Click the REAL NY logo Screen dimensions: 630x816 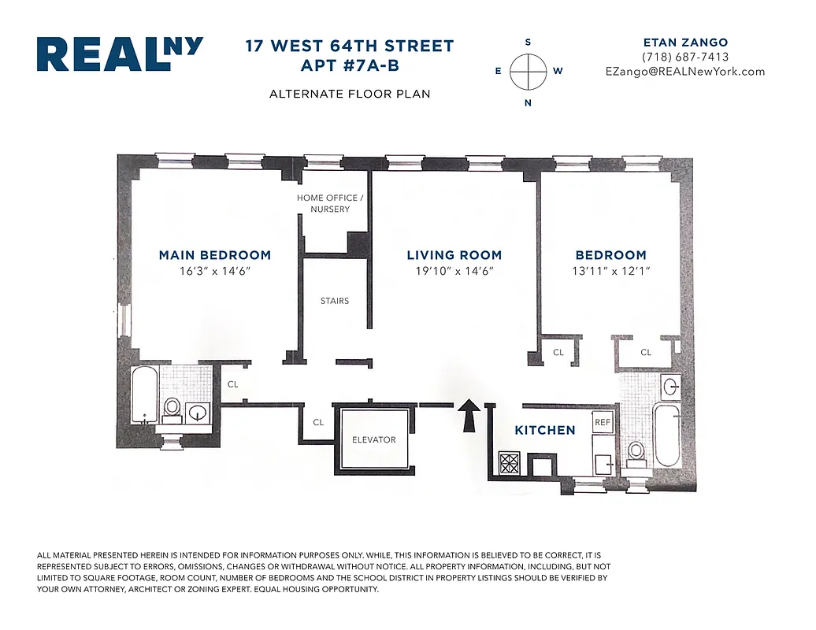click(120, 54)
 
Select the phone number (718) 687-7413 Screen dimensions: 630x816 click(684, 57)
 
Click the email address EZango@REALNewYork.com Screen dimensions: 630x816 click(684, 71)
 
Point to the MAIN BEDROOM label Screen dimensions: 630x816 click(214, 255)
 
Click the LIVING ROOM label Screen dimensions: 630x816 click(454, 255)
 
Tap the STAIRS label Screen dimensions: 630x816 click(335, 301)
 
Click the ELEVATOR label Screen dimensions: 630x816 click(373, 439)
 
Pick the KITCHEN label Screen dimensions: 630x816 click(545, 430)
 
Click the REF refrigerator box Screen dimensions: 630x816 click(603, 422)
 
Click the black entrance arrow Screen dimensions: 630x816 click(469, 414)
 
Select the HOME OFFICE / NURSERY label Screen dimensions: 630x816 click(330, 203)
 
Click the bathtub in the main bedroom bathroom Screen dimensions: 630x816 click(145, 395)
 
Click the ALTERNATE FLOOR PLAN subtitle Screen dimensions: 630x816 click(349, 94)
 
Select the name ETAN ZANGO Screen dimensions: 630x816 click(684, 42)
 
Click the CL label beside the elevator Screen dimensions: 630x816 click(318, 422)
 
